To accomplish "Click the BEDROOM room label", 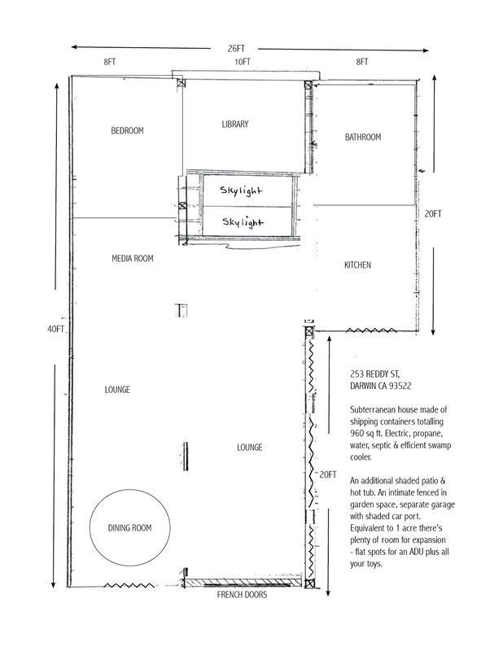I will click(x=127, y=130).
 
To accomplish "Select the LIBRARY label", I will click(x=234, y=125).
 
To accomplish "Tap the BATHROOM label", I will click(x=362, y=138).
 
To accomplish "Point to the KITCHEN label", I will click(x=357, y=265).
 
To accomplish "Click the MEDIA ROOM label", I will click(x=132, y=259).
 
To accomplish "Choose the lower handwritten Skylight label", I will click(x=243, y=221).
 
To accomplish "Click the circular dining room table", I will click(x=129, y=528).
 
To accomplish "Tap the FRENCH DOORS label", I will click(x=242, y=595).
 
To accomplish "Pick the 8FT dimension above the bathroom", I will click(x=361, y=62).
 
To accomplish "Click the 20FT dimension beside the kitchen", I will click(x=432, y=214).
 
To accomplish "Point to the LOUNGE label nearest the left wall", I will click(x=117, y=390).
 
